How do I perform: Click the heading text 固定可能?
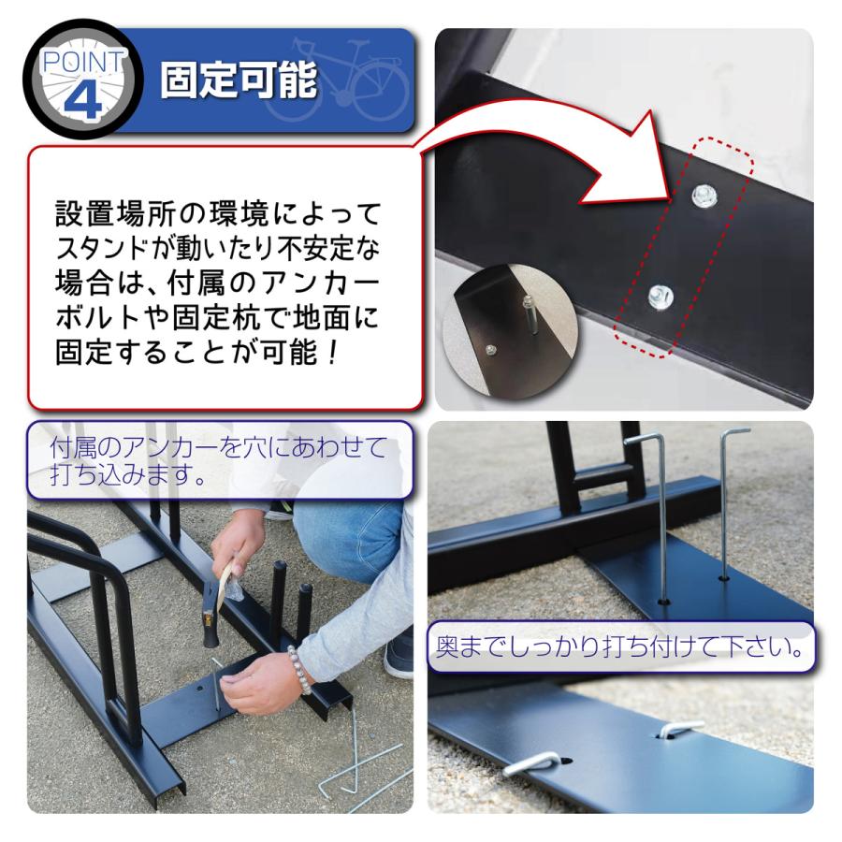(x=239, y=81)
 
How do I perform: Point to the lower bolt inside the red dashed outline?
(x=658, y=297)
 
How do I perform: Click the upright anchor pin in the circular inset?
(x=529, y=316)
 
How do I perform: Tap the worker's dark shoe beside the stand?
(x=399, y=655)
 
